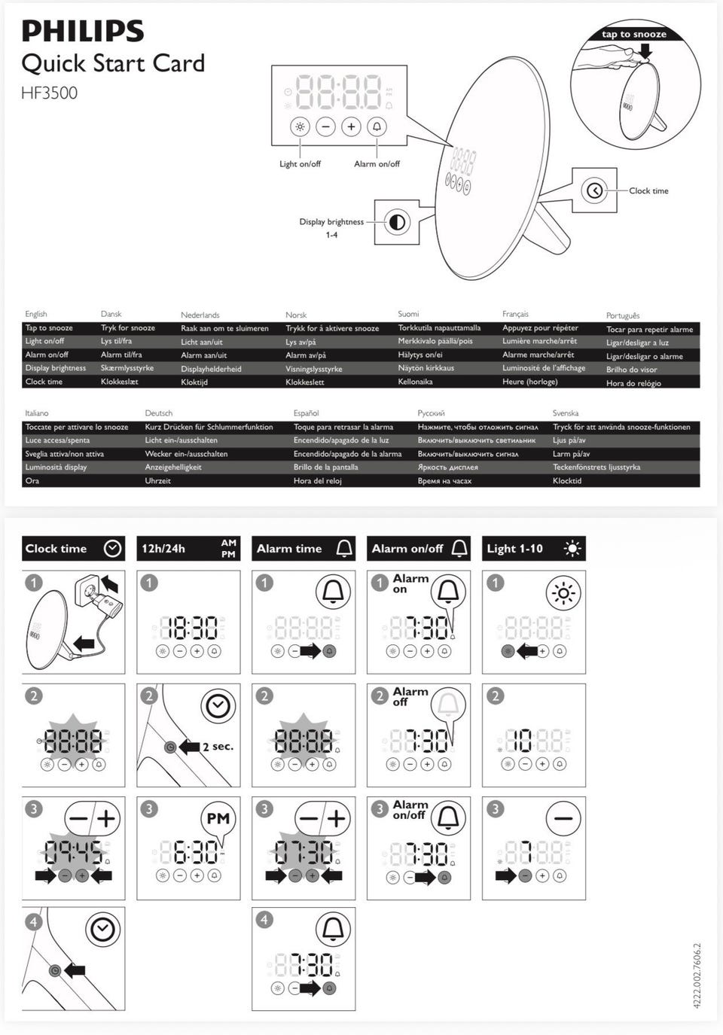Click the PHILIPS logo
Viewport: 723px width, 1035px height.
click(83, 32)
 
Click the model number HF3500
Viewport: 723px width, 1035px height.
click(49, 93)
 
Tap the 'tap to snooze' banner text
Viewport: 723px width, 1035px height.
click(634, 34)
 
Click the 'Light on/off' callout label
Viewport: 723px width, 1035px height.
click(300, 163)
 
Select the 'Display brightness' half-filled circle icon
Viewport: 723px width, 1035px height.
click(397, 222)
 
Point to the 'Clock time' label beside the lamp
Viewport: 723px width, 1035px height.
click(648, 191)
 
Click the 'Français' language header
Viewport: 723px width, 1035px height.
click(515, 314)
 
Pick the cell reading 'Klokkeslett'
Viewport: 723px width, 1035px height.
click(305, 382)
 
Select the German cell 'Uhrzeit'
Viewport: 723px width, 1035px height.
click(157, 480)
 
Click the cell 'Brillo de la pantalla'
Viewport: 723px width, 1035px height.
click(325, 467)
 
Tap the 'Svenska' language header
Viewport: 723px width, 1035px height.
click(566, 413)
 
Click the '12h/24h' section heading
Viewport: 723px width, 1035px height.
click(163, 549)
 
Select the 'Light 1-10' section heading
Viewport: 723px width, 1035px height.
click(514, 549)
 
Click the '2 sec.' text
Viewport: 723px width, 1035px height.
click(218, 746)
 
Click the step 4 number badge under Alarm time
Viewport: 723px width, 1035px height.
click(264, 920)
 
